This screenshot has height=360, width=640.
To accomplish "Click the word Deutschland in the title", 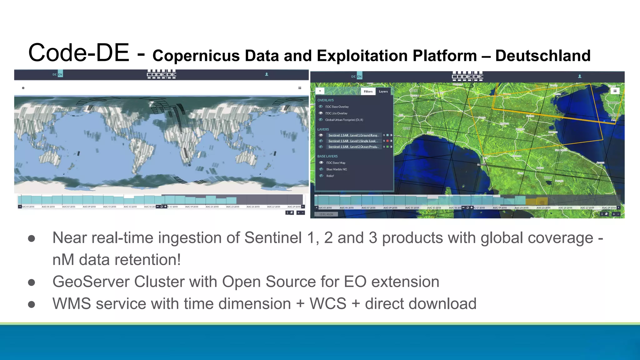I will [543, 56].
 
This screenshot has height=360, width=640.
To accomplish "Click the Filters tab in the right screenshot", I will [368, 92].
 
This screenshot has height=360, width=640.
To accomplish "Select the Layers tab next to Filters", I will [383, 92].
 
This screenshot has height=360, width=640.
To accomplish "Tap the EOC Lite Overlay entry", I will [336, 113].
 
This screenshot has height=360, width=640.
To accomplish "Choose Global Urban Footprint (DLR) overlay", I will [344, 120].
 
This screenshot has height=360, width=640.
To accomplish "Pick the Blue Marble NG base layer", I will [337, 169].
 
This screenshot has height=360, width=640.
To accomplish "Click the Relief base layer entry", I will [330, 176].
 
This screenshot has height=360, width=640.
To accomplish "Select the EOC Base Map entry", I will [336, 163].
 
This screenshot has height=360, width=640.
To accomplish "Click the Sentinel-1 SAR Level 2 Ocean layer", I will [353, 147].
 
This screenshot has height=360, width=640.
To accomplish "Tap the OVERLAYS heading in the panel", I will [325, 100].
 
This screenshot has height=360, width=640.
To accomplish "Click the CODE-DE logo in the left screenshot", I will [162, 74].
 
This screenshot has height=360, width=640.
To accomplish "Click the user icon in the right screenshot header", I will [580, 76].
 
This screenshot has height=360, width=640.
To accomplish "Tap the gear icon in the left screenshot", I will [23, 88].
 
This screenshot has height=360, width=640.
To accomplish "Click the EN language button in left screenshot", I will [60, 74].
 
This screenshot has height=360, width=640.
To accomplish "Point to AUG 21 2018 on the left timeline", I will [212, 207].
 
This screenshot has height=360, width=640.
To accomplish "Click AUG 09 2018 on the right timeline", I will [390, 208].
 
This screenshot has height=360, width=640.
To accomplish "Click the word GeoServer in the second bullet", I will [91, 282].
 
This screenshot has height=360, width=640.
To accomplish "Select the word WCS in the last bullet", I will [328, 304].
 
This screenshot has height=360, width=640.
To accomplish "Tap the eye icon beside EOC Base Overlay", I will [321, 107].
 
